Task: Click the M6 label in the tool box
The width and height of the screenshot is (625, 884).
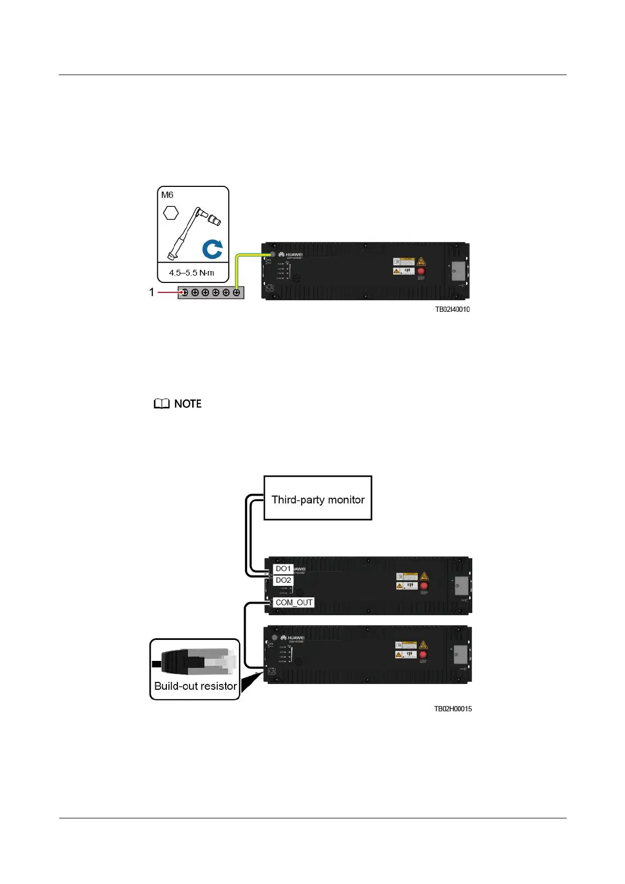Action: [167, 195]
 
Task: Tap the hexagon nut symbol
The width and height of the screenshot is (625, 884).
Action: [171, 213]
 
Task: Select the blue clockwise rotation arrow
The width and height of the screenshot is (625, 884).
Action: [213, 249]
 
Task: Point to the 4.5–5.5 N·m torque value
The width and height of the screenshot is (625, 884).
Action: [192, 273]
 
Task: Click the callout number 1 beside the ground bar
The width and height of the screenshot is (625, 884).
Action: [152, 292]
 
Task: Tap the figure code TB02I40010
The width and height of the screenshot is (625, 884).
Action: [452, 310]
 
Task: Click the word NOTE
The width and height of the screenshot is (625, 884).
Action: [188, 404]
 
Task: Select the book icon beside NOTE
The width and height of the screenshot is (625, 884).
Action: [162, 404]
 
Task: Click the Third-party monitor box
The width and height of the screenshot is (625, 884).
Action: [317, 498]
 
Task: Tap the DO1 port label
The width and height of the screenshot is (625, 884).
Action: [283, 569]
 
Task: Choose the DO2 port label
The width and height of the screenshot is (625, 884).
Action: [283, 580]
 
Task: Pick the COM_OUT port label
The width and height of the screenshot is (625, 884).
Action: [294, 603]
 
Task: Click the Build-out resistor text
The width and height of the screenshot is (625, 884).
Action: [195, 686]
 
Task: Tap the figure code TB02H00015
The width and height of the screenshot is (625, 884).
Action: [452, 709]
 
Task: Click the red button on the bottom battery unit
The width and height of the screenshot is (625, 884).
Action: [423, 655]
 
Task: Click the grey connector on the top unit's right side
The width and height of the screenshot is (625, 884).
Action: [458, 272]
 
